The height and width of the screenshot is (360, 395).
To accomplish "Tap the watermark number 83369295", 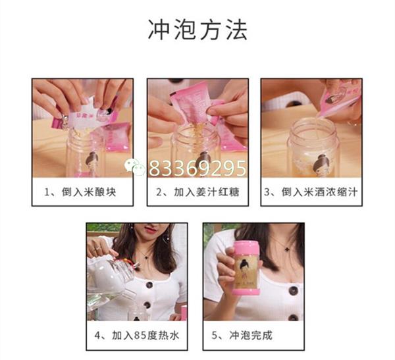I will coord(197,168).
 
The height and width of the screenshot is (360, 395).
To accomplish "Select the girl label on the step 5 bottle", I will coord(246,273).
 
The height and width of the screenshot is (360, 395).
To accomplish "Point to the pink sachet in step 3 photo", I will coord(339,99).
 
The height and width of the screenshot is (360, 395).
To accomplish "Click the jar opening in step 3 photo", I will coord(313,125).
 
